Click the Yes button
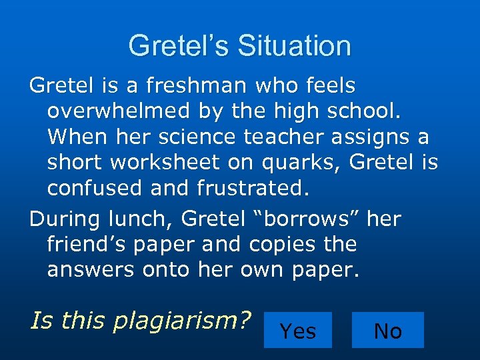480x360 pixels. [298, 330]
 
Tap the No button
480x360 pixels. [387, 330]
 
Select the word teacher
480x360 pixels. [293, 137]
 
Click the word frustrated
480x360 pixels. [254, 187]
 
